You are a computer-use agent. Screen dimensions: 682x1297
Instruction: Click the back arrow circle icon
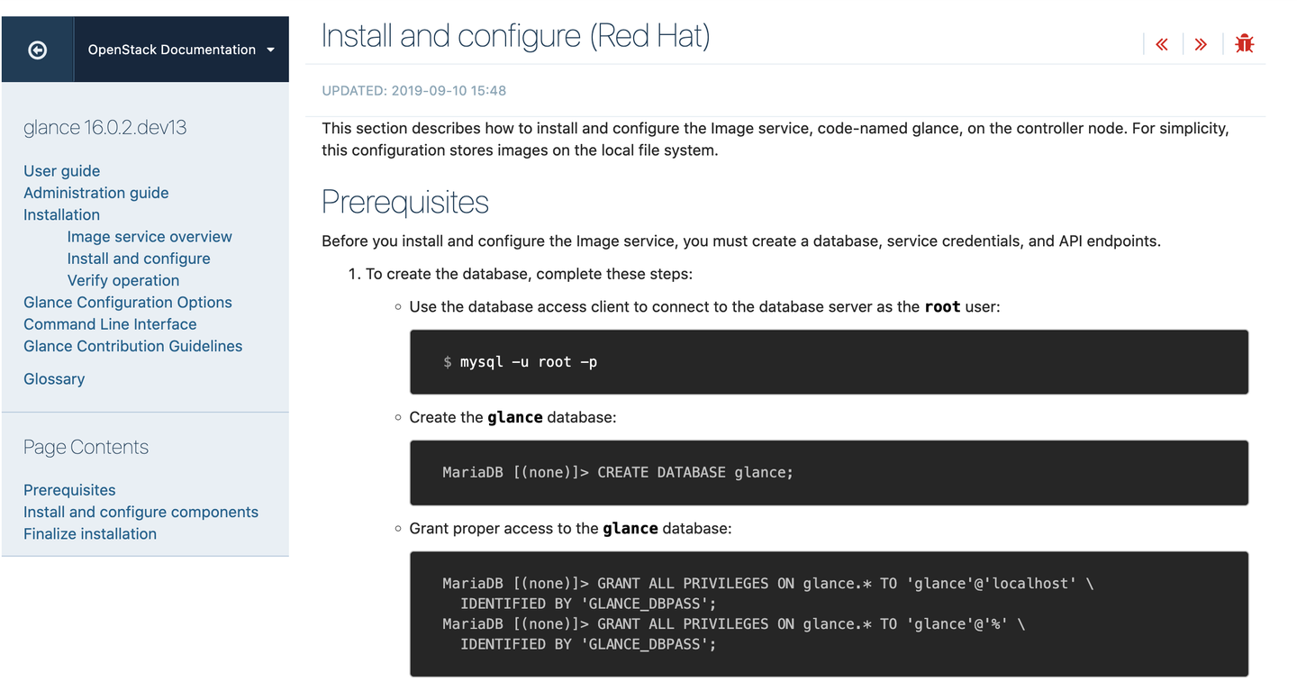38,50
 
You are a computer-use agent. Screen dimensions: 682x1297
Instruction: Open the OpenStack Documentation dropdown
181,50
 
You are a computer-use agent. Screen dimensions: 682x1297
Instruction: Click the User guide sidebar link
61,171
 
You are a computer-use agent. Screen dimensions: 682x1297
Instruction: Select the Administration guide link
95,193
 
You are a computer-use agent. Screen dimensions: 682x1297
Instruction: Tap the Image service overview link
150,237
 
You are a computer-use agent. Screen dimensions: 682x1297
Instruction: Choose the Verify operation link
123,280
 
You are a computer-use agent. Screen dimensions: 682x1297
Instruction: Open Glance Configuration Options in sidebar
127,303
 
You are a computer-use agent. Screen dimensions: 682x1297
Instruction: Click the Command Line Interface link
110,324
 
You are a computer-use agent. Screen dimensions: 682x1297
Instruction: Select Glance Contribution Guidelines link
132,346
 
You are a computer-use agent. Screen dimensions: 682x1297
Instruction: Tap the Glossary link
54,379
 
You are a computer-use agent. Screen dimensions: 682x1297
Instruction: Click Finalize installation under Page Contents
90,534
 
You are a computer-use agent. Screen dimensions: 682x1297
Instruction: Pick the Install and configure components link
141,512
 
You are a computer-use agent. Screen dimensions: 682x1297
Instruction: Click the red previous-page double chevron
1162,44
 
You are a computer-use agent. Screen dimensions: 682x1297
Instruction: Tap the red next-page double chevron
1201,44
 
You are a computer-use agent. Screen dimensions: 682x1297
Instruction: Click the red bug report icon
1245,43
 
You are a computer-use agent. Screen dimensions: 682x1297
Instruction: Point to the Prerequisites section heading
404,203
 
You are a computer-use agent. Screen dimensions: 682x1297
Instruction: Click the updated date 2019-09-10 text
449,91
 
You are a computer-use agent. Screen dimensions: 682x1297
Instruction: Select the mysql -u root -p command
528,362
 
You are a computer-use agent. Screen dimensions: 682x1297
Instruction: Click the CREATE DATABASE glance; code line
694,473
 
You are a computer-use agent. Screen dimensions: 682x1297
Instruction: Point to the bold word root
942,307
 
